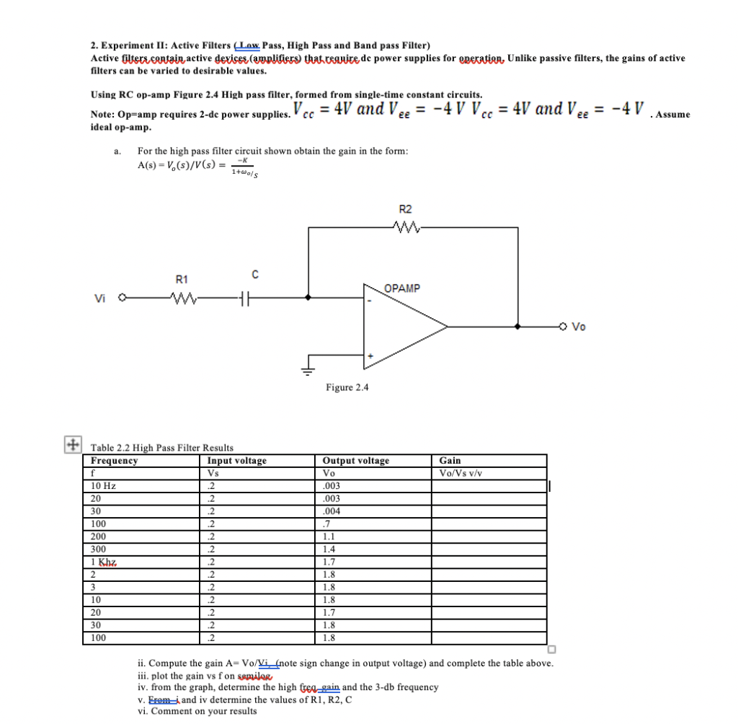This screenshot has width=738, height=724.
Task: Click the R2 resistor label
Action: [x=405, y=209]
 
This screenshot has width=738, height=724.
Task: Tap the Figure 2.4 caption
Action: [x=347, y=387]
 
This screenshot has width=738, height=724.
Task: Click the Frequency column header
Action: [x=115, y=461]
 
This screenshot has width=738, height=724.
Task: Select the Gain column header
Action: [x=450, y=461]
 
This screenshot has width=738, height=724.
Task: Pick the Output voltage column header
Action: [x=355, y=461]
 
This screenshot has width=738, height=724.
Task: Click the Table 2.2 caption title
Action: [x=161, y=448]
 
